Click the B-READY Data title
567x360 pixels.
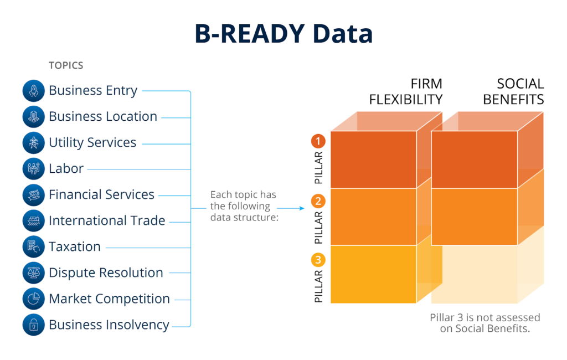[283, 34]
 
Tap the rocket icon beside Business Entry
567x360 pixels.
[34, 91]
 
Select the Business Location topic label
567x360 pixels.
[103, 117]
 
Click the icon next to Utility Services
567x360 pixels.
[34, 143]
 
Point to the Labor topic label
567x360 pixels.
[66, 169]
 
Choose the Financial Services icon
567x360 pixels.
[34, 195]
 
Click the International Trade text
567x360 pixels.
[107, 221]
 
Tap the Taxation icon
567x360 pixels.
[34, 247]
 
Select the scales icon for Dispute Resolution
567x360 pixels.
[34, 273]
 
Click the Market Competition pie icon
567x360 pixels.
[34, 299]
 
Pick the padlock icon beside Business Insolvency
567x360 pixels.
[34, 325]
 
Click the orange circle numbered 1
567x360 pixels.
[318, 141]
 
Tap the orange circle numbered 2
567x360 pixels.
[318, 200]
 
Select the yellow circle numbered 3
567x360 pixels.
[318, 259]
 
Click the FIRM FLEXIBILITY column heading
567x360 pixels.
[406, 91]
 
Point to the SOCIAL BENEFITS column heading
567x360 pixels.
[513, 91]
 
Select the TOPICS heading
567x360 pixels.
[66, 65]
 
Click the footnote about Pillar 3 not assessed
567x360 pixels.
[485, 323]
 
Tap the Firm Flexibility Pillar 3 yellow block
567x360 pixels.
[373, 274]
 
